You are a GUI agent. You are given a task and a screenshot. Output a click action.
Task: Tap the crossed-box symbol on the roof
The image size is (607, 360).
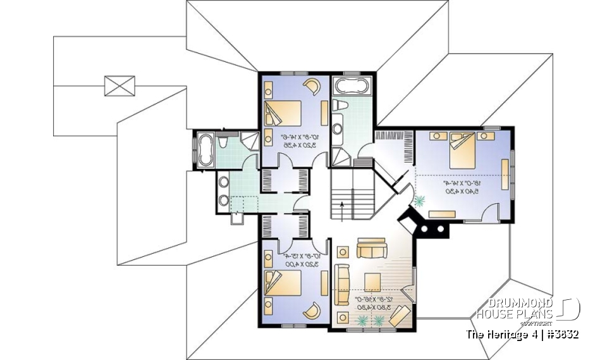tap(120, 85)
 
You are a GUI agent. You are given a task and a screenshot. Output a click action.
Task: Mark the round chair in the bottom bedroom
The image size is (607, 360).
tap(312, 311)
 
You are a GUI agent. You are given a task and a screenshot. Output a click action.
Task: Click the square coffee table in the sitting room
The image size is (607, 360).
tap(371, 282)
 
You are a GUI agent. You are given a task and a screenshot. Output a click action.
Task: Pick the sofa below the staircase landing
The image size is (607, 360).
tap(371, 248)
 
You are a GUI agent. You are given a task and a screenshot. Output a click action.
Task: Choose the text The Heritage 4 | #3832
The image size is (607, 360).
tap(522, 334)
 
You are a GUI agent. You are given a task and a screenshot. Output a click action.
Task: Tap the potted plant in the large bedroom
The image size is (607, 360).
tap(420, 201)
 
